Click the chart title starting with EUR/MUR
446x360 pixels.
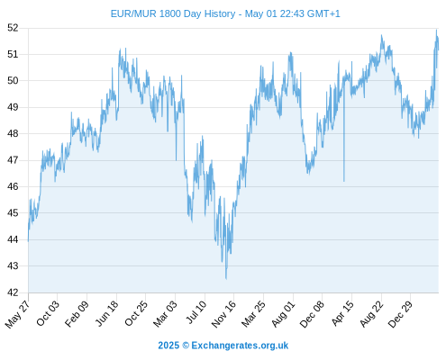pos(225,13)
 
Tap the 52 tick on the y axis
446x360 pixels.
pos(13,28)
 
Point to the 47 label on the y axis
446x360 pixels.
pos(13,160)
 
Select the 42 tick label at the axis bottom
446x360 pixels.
pos(13,292)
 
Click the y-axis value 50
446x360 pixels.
pos(13,81)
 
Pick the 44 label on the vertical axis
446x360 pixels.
pos(13,239)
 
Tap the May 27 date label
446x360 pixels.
pos(18,314)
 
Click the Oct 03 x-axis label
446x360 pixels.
pos(48,313)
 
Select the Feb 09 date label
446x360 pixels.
pos(77,313)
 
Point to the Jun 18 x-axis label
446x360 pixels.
pos(106,313)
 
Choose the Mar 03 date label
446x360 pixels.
pos(166,313)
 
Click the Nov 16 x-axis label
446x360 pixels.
pos(224,314)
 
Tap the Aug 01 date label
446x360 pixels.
pos(284,313)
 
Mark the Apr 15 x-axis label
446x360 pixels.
pos(342,313)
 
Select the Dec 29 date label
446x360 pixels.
pos(401,314)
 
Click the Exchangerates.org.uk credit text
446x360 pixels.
pos(240,346)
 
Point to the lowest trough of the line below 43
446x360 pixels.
pos(226,279)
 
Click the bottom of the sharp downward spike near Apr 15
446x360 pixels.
pos(344,181)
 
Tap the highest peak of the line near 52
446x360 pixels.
pos(436,30)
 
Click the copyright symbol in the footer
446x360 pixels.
pos(186,346)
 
